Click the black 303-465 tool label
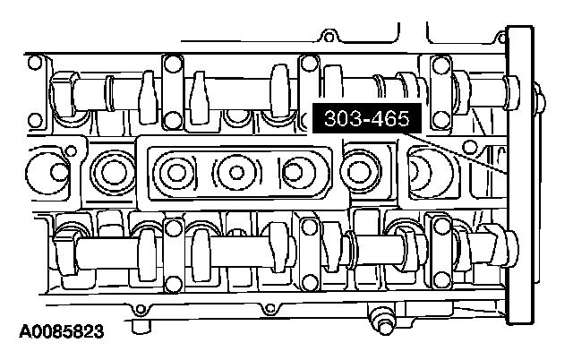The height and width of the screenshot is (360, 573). click(367, 118)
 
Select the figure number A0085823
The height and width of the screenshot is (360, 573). click(62, 331)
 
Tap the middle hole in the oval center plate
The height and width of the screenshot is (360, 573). click(236, 172)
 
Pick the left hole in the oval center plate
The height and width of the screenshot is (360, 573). click(177, 172)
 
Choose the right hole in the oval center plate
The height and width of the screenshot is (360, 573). click(293, 171)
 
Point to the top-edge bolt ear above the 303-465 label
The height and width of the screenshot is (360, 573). click(329, 37)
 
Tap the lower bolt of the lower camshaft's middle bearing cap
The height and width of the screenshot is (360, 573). click(310, 282)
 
